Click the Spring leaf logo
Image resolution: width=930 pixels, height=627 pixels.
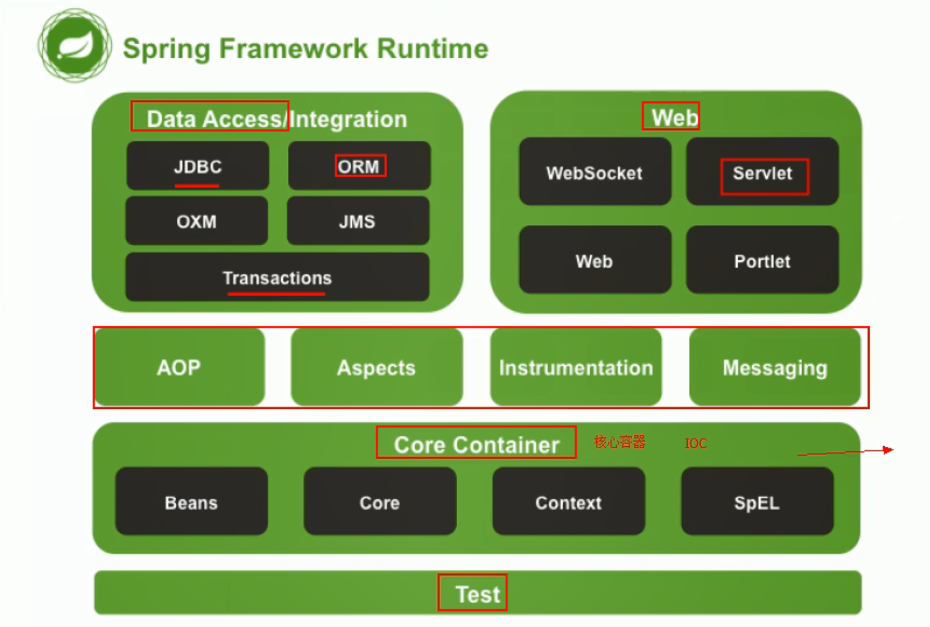(74, 45)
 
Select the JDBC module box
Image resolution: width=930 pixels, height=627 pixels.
(198, 166)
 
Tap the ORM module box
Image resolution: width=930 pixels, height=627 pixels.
(359, 166)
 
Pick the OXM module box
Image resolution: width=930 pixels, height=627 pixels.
(196, 221)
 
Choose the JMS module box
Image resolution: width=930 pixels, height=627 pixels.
(358, 221)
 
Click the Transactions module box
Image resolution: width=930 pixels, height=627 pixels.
(277, 278)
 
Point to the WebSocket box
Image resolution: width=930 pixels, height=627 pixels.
(594, 172)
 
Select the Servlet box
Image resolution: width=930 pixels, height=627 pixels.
(762, 172)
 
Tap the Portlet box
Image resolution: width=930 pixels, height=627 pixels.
(762, 260)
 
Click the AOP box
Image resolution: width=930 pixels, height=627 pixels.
(179, 367)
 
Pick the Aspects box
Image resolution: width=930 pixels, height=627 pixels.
(377, 367)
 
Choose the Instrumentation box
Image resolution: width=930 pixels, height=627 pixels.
(576, 367)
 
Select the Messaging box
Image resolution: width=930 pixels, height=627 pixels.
(775, 367)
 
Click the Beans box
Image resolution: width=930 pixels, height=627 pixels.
(191, 502)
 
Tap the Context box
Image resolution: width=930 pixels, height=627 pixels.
(568, 502)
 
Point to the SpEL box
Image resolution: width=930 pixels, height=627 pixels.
(757, 502)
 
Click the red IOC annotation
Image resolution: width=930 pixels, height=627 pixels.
(696, 443)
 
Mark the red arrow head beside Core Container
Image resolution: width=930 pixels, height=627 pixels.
(889, 450)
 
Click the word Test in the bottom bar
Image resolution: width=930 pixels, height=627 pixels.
(477, 594)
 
